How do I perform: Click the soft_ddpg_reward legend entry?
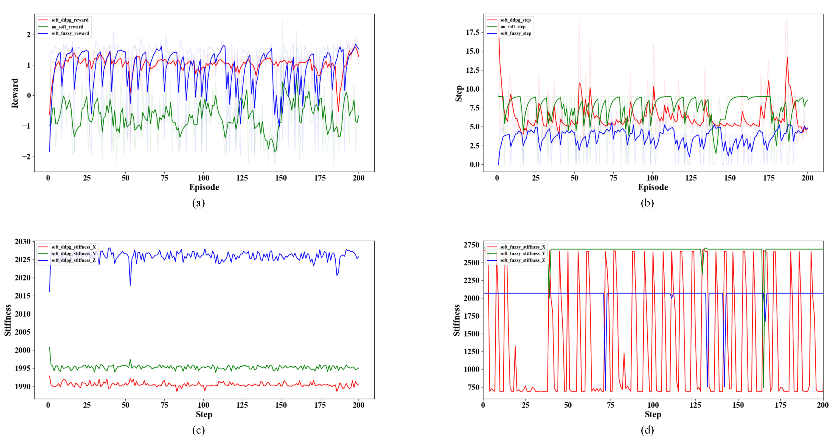pyautogui.click(x=69, y=20)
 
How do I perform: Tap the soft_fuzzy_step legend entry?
pyautogui.click(x=516, y=33)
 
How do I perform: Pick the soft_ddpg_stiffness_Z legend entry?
pyautogui.click(x=73, y=260)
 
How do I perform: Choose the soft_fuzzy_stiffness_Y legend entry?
pyautogui.click(x=522, y=254)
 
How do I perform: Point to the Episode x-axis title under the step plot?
pyautogui.click(x=653, y=187)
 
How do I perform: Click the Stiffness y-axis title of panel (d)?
pyautogui.click(x=457, y=320)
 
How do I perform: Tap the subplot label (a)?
pyautogui.click(x=199, y=203)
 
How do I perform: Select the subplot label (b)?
pyautogui.click(x=647, y=203)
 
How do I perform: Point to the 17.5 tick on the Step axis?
pyautogui.click(x=472, y=32)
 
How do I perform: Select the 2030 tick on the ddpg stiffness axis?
pyautogui.click(x=22, y=242)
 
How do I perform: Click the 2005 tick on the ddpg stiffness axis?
pyautogui.click(x=22, y=332)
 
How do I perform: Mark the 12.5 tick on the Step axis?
pyautogui.click(x=472, y=70)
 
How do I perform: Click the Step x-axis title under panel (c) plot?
pyautogui.click(x=204, y=415)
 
